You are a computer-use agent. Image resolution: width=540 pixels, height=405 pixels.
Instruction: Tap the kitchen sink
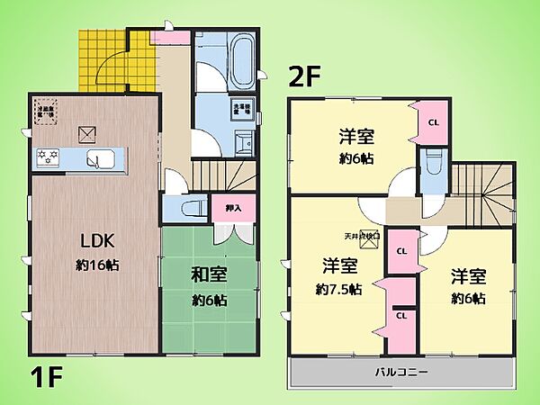(96, 160)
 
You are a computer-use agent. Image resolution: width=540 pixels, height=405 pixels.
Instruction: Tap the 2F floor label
(303, 76)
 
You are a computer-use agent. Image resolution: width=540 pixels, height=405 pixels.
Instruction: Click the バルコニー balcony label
(401, 372)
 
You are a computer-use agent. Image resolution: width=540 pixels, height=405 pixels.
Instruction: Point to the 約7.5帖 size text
(339, 290)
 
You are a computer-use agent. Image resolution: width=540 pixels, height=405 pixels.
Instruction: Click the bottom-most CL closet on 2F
(401, 316)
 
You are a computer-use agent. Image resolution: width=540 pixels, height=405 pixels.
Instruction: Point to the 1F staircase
(221, 175)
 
